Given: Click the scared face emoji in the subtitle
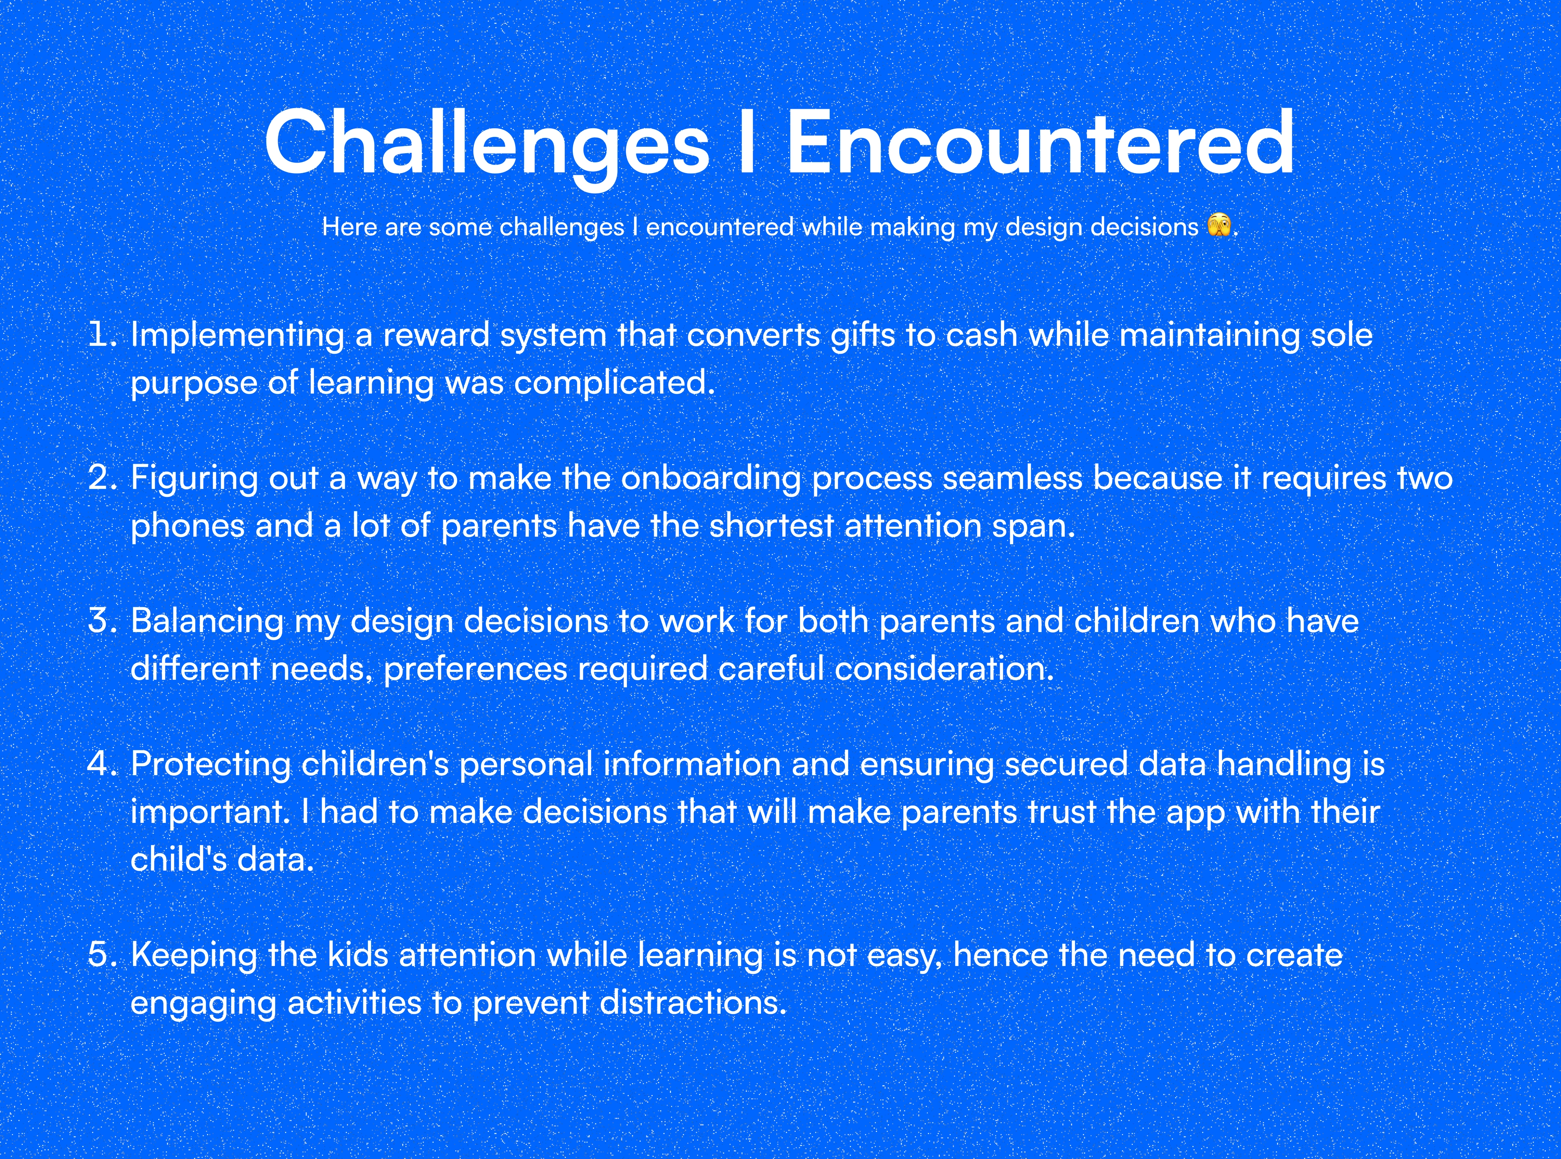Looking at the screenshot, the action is (x=1220, y=226).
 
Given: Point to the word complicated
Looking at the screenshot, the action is (x=615, y=385).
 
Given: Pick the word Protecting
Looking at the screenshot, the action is (x=211, y=767).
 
